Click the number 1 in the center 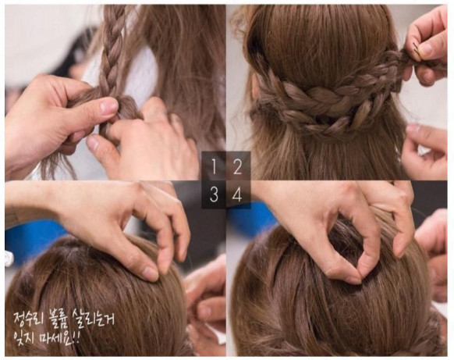click(x=214, y=166)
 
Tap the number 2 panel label click(x=237, y=166)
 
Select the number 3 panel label click(x=214, y=194)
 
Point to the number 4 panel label click(x=237, y=194)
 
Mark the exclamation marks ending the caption click(x=76, y=337)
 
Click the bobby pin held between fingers click(x=417, y=52)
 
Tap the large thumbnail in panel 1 click(x=109, y=106)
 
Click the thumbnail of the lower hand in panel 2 click(x=413, y=128)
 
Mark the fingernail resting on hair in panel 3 click(x=151, y=273)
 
